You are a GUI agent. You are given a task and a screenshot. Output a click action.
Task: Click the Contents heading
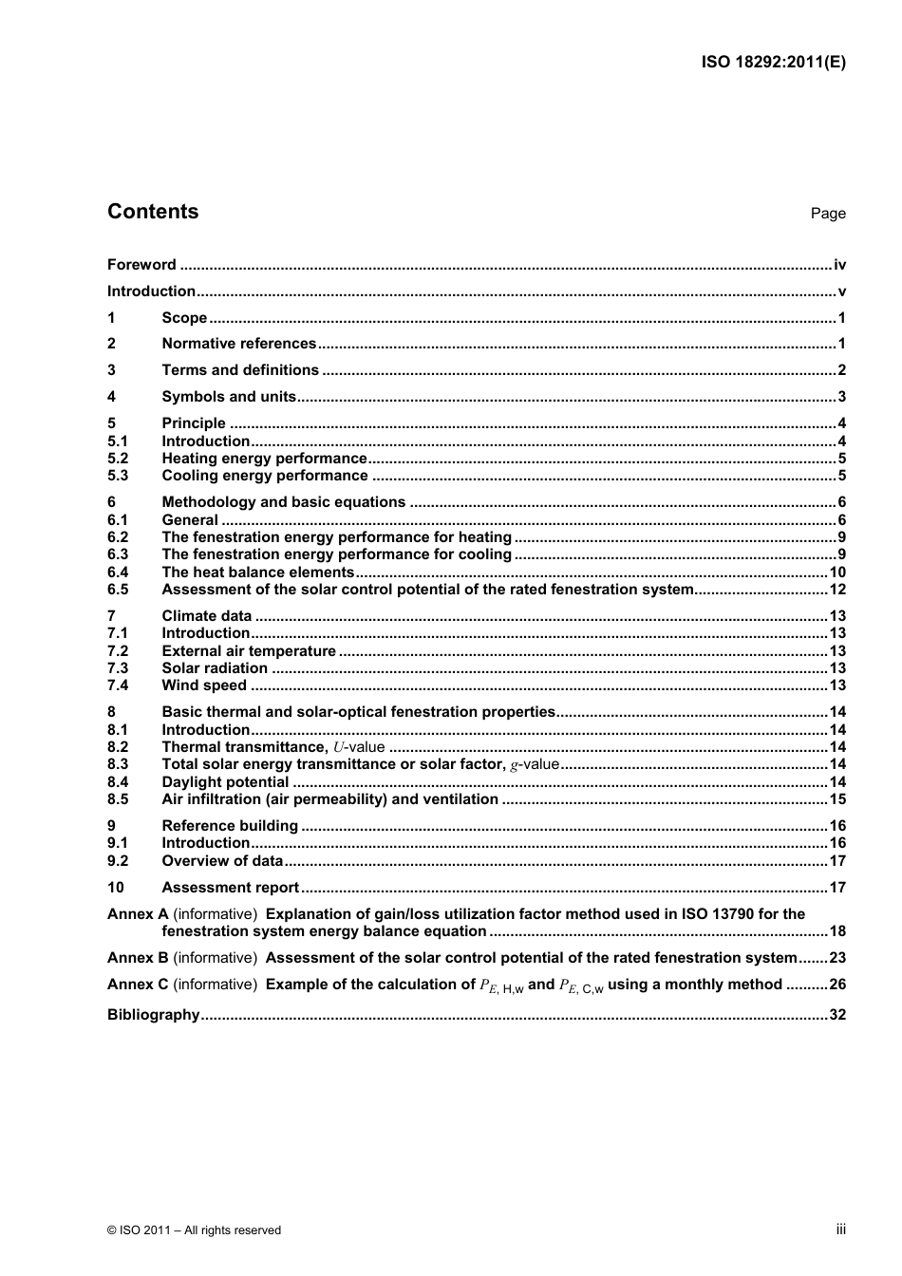click(153, 212)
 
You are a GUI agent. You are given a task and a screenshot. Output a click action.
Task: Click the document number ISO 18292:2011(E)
click(773, 63)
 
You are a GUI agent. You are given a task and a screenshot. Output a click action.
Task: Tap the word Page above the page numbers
click(828, 214)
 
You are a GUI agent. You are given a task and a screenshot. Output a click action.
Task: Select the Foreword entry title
click(141, 265)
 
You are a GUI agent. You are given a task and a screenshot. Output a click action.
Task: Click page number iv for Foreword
click(839, 265)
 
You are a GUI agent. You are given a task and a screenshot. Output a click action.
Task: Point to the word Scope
click(184, 318)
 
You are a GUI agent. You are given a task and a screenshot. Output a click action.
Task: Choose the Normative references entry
click(238, 344)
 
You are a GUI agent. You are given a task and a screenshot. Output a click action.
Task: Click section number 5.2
click(118, 459)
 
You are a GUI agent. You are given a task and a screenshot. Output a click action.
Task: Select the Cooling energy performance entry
click(265, 476)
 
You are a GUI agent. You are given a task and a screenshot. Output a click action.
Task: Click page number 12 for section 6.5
click(837, 590)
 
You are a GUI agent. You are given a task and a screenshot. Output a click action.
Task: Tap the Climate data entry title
click(207, 616)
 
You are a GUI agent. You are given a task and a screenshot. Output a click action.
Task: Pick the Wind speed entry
click(204, 685)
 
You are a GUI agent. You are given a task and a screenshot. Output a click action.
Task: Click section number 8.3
click(118, 764)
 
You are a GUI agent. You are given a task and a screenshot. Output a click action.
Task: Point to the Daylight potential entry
click(225, 782)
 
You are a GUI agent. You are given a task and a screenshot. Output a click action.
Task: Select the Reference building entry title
click(230, 826)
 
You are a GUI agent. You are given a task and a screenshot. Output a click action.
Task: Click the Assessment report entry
click(231, 888)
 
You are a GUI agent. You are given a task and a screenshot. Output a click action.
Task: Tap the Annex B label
click(138, 958)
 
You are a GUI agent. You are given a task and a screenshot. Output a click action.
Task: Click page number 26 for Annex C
click(837, 985)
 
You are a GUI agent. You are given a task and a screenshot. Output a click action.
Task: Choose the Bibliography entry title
click(153, 1015)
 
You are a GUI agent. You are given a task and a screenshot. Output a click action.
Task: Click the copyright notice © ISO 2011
click(194, 1230)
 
